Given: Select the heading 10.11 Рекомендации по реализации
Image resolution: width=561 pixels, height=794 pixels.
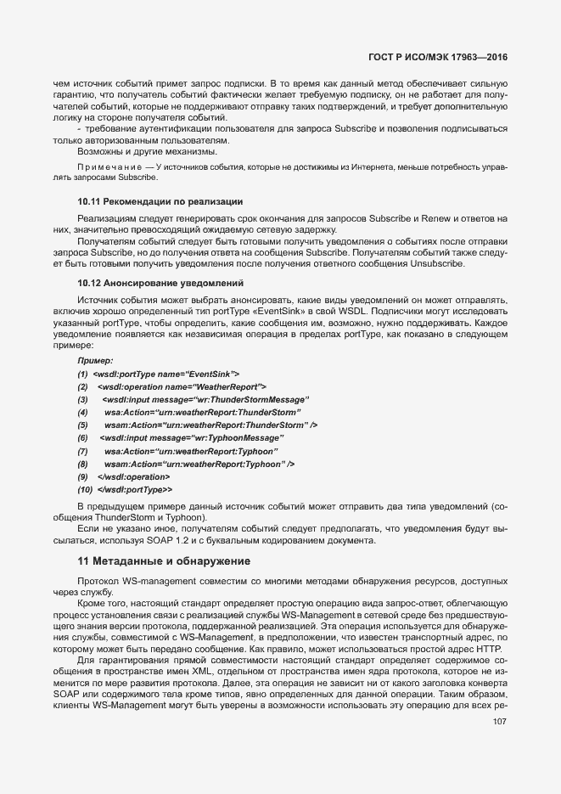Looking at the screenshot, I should (160, 201).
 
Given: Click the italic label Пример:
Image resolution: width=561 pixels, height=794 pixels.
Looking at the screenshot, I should (95, 361).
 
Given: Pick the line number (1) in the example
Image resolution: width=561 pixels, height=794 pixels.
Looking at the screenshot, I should (83, 374).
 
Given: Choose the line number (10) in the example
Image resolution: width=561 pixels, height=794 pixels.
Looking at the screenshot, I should (85, 489).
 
